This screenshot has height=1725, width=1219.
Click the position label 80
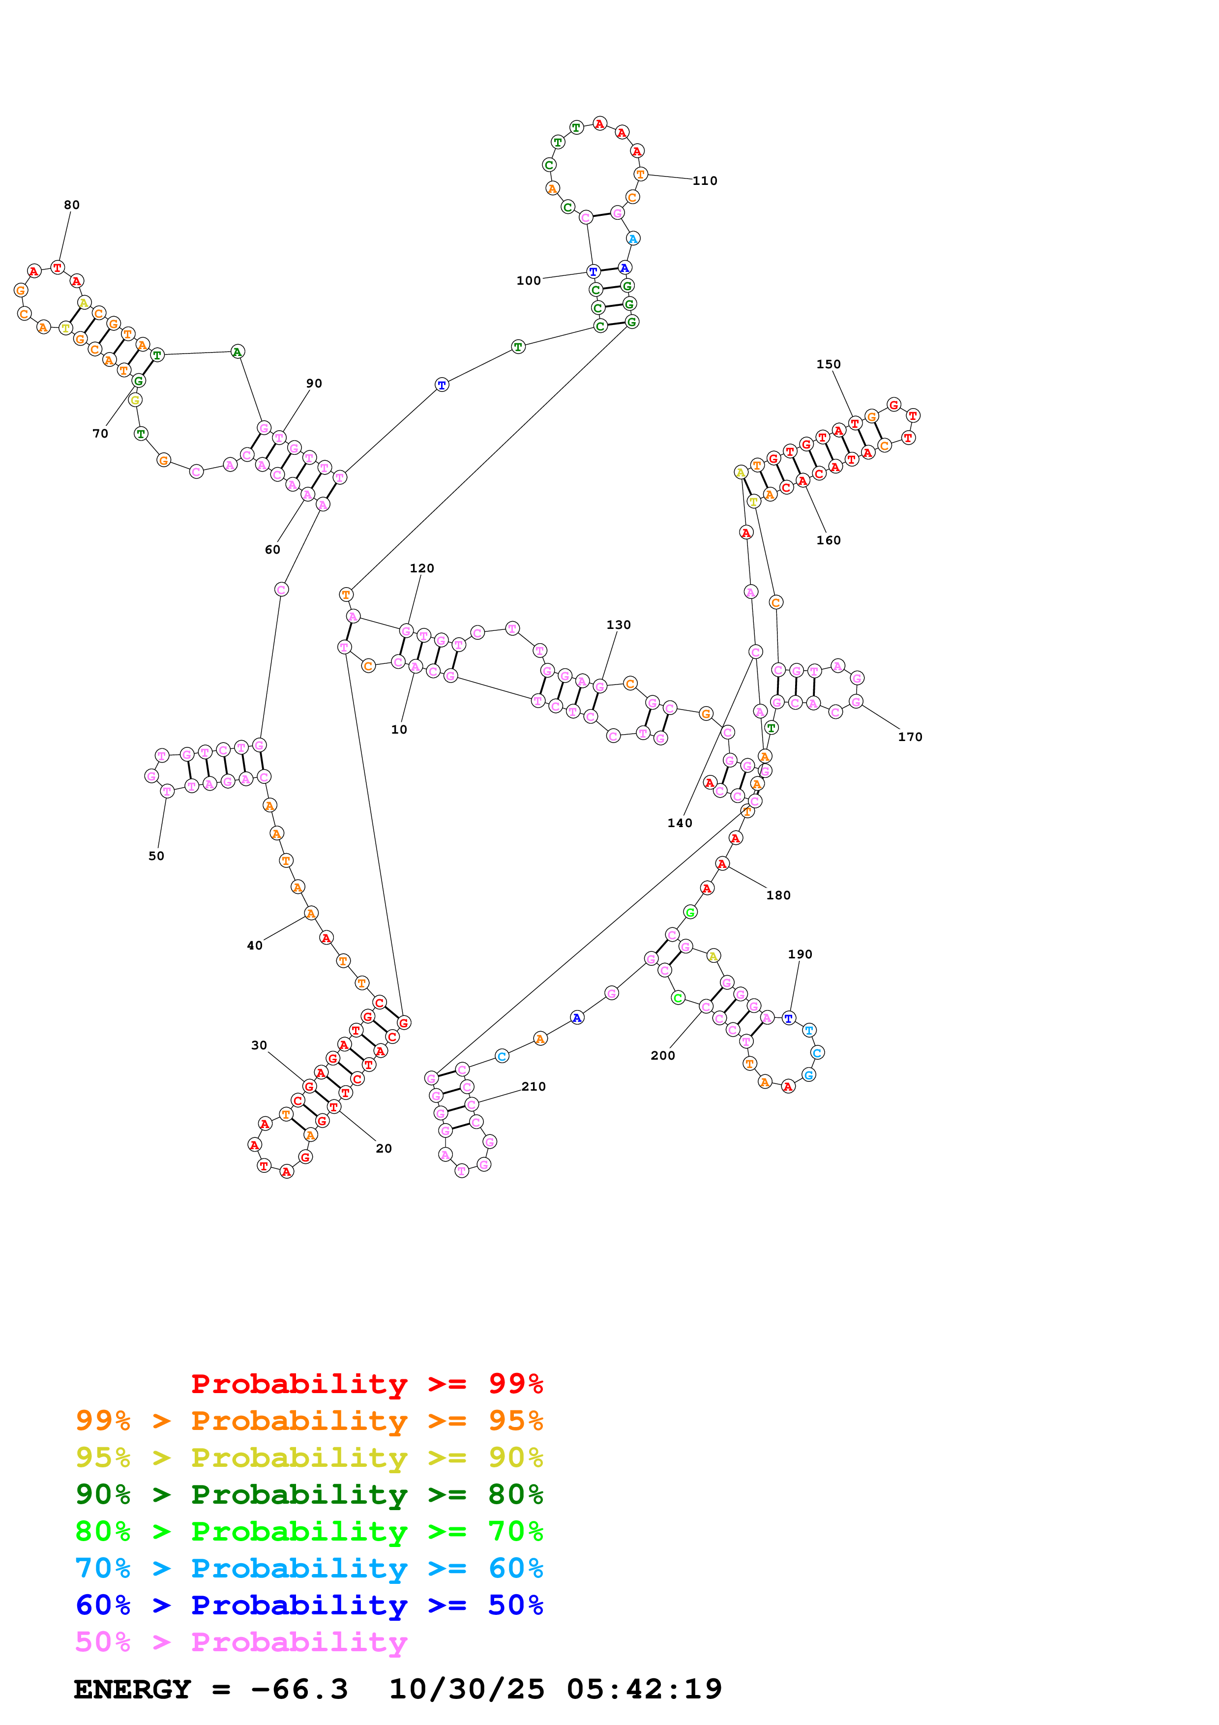(71, 205)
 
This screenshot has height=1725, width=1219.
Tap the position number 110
(705, 181)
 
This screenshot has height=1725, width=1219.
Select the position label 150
(829, 364)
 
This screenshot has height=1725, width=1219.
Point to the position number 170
(910, 737)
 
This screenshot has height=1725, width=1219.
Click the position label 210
(533, 1086)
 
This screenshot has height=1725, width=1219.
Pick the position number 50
(156, 856)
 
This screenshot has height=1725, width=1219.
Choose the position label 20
(384, 1148)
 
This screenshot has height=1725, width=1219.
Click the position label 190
(800, 954)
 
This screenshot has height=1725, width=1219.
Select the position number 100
(528, 281)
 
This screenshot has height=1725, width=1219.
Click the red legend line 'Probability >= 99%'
(366, 1384)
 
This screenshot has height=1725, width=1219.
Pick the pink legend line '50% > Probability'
(241, 1641)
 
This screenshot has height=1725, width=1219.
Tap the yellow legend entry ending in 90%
(309, 1457)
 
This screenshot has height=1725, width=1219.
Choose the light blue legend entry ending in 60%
(309, 1568)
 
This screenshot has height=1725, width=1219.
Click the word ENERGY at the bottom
(132, 1690)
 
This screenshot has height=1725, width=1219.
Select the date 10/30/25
(467, 1690)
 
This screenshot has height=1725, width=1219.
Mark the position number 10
(399, 730)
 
